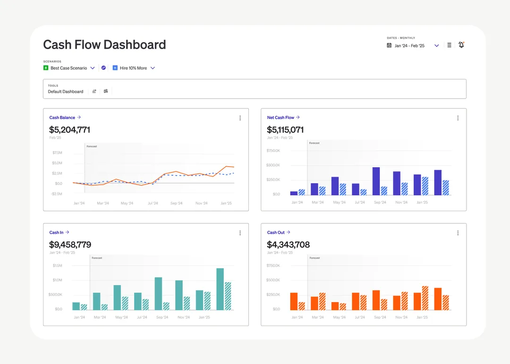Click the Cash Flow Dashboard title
[104, 44]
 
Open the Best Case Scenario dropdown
[93, 68]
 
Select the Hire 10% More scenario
[133, 68]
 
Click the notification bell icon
[461, 45]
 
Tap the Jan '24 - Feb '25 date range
[409, 46]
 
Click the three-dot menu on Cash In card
[240, 233]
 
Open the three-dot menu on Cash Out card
[458, 233]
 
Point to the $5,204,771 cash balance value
[69, 130]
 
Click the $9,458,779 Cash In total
[70, 245]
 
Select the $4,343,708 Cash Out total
[288, 245]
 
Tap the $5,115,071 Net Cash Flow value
[285, 130]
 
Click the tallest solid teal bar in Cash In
[220, 289]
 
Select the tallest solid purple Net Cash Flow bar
[376, 181]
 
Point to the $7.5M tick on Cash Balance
[57, 152]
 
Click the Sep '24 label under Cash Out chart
[380, 317]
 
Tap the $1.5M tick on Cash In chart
[57, 265]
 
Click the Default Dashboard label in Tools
[65, 92]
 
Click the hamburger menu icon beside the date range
[449, 45]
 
